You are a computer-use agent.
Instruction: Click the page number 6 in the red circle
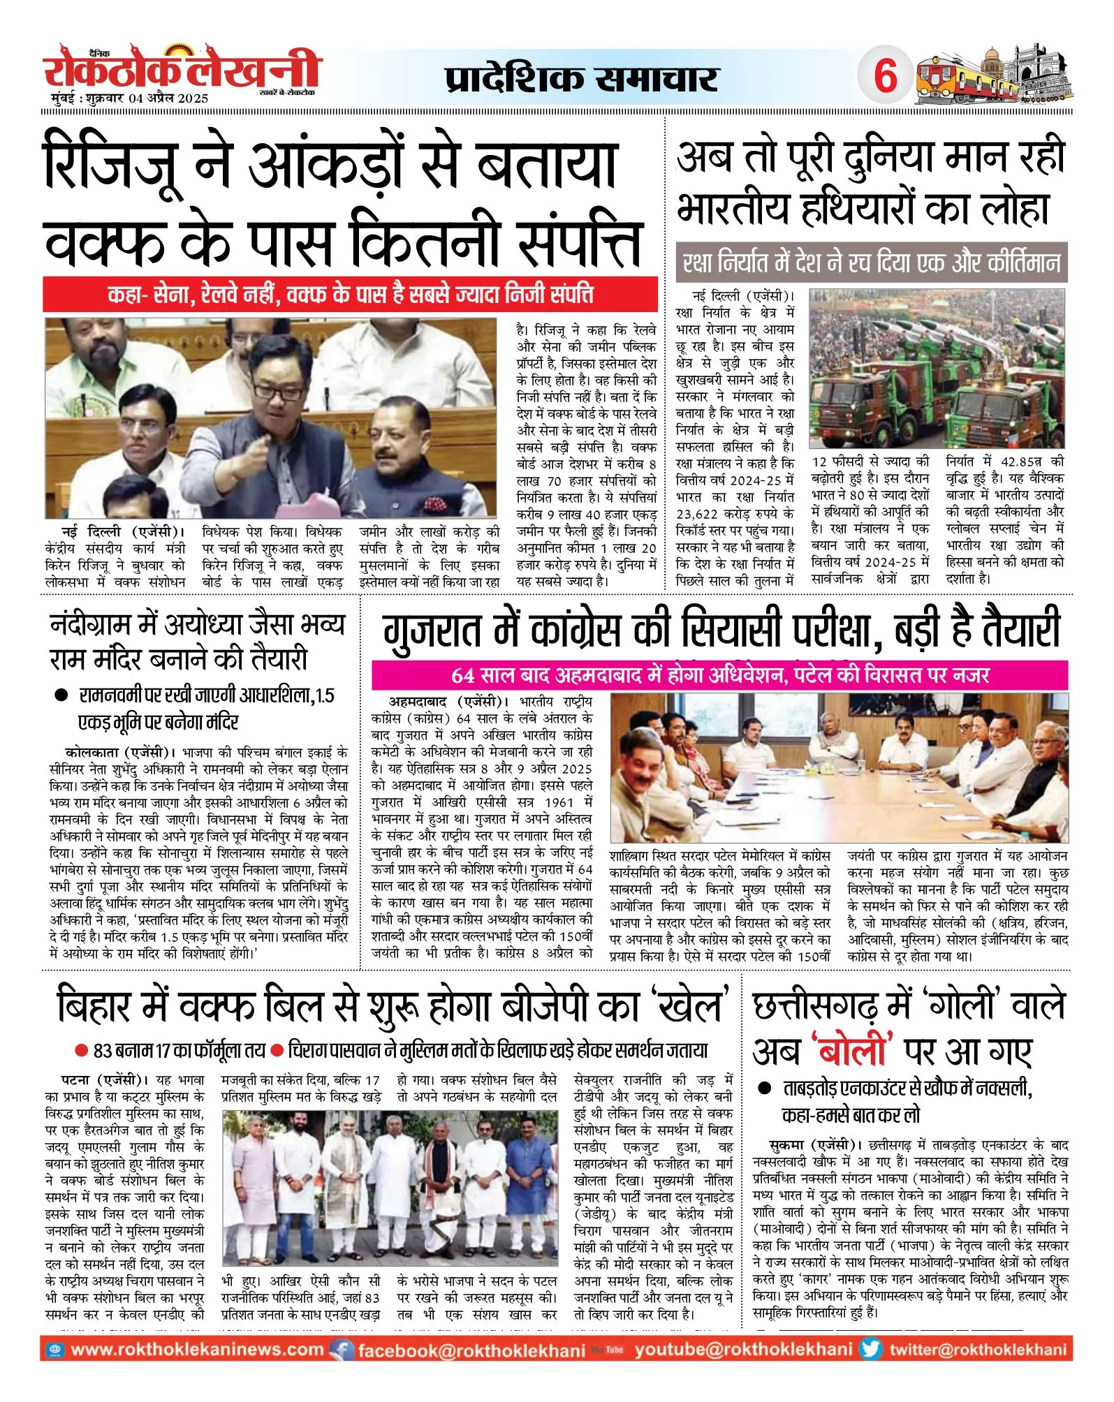pyautogui.click(x=885, y=75)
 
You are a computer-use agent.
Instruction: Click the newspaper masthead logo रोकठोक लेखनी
pyautogui.click(x=182, y=70)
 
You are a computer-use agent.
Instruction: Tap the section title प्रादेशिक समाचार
pyautogui.click(x=581, y=78)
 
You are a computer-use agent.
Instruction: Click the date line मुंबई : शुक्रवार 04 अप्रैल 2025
pyautogui.click(x=130, y=98)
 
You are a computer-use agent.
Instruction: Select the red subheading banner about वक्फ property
pyautogui.click(x=350, y=294)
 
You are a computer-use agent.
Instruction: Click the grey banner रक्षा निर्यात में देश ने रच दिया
pyautogui.click(x=871, y=263)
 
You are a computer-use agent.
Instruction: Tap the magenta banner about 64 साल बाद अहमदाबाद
pyautogui.click(x=719, y=675)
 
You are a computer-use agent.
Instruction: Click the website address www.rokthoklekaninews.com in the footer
pyautogui.click(x=197, y=1350)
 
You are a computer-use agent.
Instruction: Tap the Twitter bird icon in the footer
pyautogui.click(x=871, y=1349)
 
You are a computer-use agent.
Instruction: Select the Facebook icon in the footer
pyautogui.click(x=342, y=1350)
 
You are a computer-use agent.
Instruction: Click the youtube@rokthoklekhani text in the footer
pyautogui.click(x=743, y=1350)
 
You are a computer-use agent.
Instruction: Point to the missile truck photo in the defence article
pyautogui.click(x=937, y=369)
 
